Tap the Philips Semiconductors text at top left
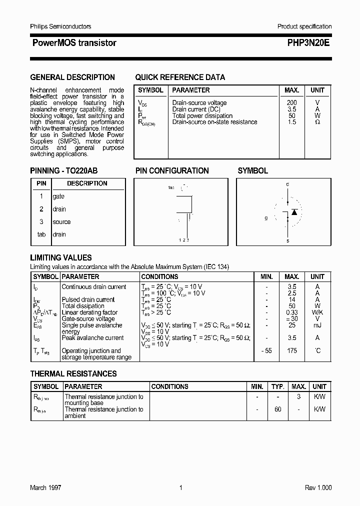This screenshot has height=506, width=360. tap(60, 26)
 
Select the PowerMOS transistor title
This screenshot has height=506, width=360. tap(74, 43)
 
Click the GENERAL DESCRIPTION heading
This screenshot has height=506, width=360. tap(72, 77)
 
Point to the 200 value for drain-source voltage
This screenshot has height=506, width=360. tap(291, 103)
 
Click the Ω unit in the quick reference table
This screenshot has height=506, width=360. tap(317, 122)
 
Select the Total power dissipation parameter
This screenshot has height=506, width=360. tap(202, 115)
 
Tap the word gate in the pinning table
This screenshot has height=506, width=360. tap(58, 196)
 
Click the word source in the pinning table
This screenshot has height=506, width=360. tap(61, 222)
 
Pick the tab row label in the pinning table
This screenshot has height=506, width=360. tap(41, 234)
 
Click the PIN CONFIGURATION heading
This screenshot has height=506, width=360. tap(172, 171)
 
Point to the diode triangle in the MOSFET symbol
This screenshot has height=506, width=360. tap(294, 212)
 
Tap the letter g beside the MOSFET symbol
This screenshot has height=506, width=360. tap(266, 218)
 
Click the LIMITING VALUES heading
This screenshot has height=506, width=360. tap(61, 258)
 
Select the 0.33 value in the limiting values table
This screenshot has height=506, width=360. tap(292, 312)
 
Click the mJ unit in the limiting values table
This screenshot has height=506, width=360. tap(317, 325)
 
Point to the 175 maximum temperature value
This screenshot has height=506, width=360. tap(292, 350)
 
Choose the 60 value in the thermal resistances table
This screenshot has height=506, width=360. tap(278, 409)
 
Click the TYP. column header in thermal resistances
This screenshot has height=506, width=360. tap(278, 386)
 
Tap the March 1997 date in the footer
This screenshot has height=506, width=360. tap(45, 487)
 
